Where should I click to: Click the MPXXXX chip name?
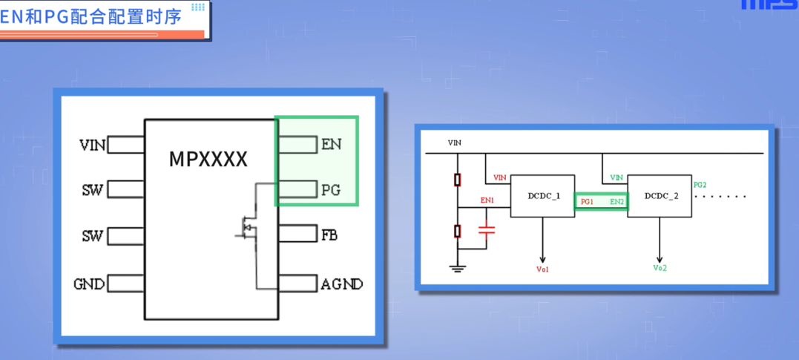[208, 159]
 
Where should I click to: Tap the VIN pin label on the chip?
[93, 145]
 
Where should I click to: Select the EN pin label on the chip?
[331, 144]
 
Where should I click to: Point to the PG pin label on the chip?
[331, 190]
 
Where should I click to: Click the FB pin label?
[329, 235]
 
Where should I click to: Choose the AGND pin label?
[341, 284]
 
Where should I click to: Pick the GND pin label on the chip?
[89, 284]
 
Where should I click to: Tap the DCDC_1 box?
[543, 196]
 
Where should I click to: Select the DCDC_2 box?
[660, 196]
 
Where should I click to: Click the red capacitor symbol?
[486, 231]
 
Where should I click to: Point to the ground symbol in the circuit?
[458, 267]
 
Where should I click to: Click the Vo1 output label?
[542, 269]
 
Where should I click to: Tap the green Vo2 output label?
[660, 268]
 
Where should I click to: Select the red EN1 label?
[487, 200]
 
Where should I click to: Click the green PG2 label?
[700, 184]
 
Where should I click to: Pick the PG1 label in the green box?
[586, 201]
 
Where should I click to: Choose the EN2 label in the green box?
[616, 201]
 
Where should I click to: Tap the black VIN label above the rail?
[455, 143]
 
